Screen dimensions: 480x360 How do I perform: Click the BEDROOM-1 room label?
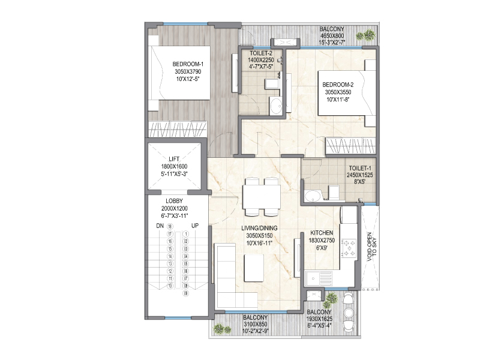(188, 64)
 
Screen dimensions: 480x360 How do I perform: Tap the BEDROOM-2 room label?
(338, 85)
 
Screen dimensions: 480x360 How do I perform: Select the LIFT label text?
(174, 159)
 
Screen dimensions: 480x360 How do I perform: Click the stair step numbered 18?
(170, 227)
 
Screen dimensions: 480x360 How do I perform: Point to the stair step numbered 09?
(185, 293)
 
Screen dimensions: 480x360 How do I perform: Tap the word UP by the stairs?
(195, 226)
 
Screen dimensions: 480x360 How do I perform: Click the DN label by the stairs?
(160, 226)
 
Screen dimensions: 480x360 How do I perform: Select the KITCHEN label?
(322, 233)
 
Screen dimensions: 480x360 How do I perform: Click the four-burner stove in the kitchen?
(349, 248)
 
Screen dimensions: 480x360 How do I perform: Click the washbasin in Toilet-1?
(312, 196)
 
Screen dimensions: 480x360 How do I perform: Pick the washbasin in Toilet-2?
(277, 106)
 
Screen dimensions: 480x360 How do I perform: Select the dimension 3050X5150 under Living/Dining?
(259, 236)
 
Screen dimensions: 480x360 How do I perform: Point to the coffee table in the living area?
(254, 268)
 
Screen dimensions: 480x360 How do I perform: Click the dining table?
(262, 197)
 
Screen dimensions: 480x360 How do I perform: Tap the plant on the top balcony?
(365, 35)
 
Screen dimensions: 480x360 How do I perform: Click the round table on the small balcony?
(349, 312)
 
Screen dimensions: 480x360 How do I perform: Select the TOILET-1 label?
(360, 169)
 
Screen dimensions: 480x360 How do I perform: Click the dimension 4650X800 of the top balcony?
(332, 36)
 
